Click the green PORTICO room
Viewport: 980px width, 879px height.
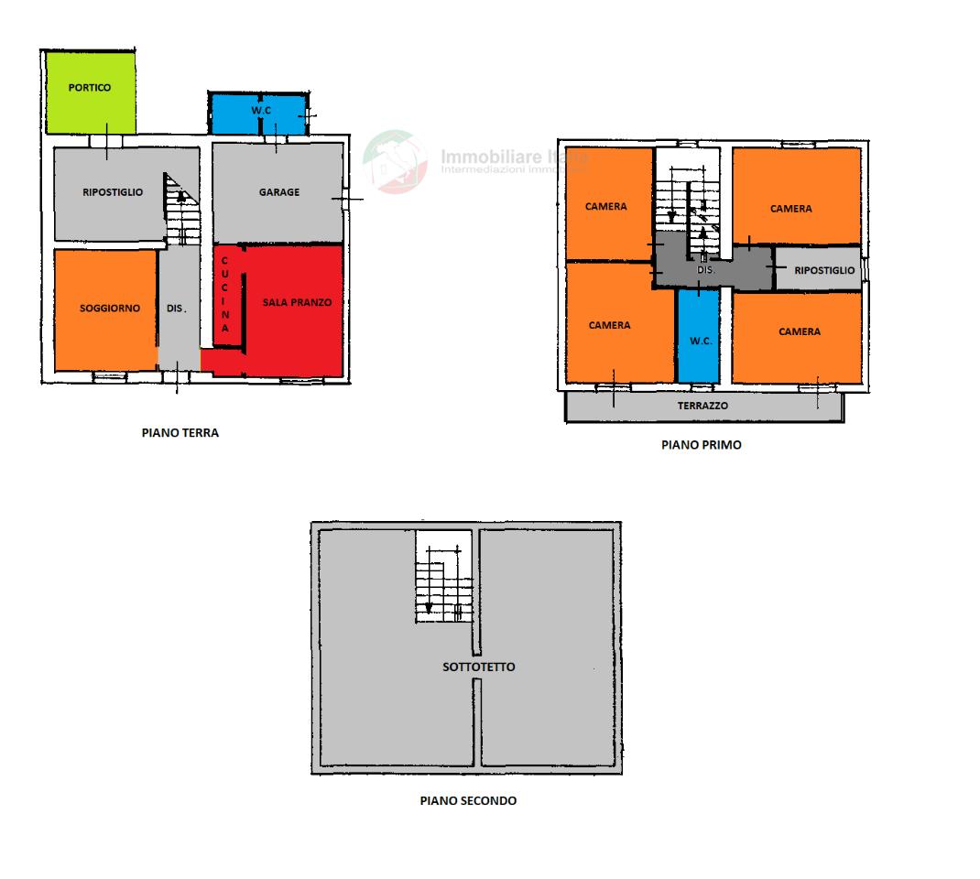(x=91, y=92)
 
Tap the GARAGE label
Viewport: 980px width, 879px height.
(x=278, y=192)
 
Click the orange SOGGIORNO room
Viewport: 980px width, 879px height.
(x=105, y=309)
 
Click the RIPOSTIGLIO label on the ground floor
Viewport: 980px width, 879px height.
(x=113, y=192)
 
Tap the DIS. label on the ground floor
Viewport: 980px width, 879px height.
(x=177, y=309)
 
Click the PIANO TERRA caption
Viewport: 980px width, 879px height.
(x=180, y=433)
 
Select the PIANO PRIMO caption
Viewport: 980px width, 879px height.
(x=702, y=445)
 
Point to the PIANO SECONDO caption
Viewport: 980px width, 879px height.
(x=468, y=800)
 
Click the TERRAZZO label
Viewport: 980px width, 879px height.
(x=702, y=406)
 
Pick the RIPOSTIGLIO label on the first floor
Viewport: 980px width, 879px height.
(x=824, y=271)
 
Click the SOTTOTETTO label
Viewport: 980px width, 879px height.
(x=479, y=667)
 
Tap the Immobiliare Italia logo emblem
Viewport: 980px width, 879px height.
(x=395, y=162)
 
